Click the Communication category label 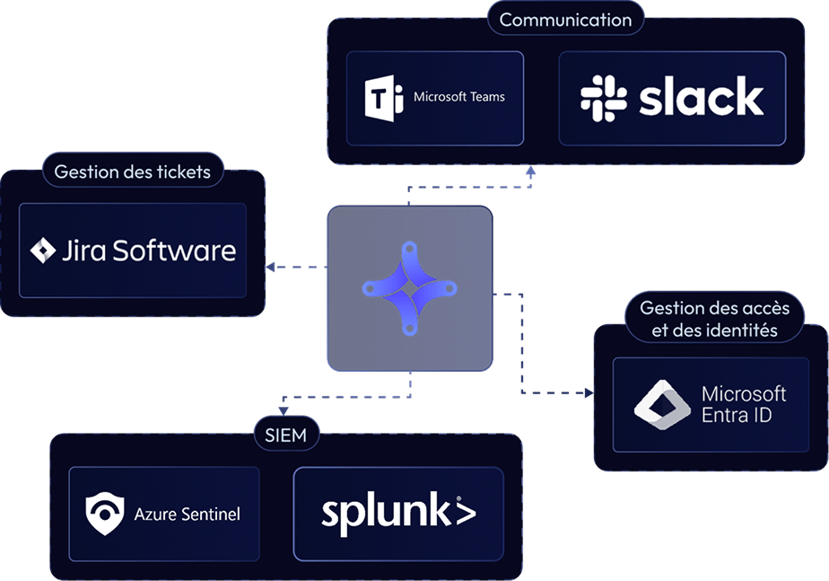tap(565, 19)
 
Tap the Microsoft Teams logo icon tap(384, 98)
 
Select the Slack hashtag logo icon tap(604, 98)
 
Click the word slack tap(702, 98)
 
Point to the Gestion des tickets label tap(132, 172)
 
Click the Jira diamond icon tap(43, 251)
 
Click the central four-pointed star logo tap(409, 288)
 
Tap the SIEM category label tap(286, 436)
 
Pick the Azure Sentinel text tap(188, 515)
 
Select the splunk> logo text tap(398, 513)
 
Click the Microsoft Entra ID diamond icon tap(661, 404)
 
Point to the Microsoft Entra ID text tap(743, 404)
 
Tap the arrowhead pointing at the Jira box tap(269, 267)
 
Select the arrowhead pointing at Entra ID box tap(588, 393)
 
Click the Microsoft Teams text tap(459, 97)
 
